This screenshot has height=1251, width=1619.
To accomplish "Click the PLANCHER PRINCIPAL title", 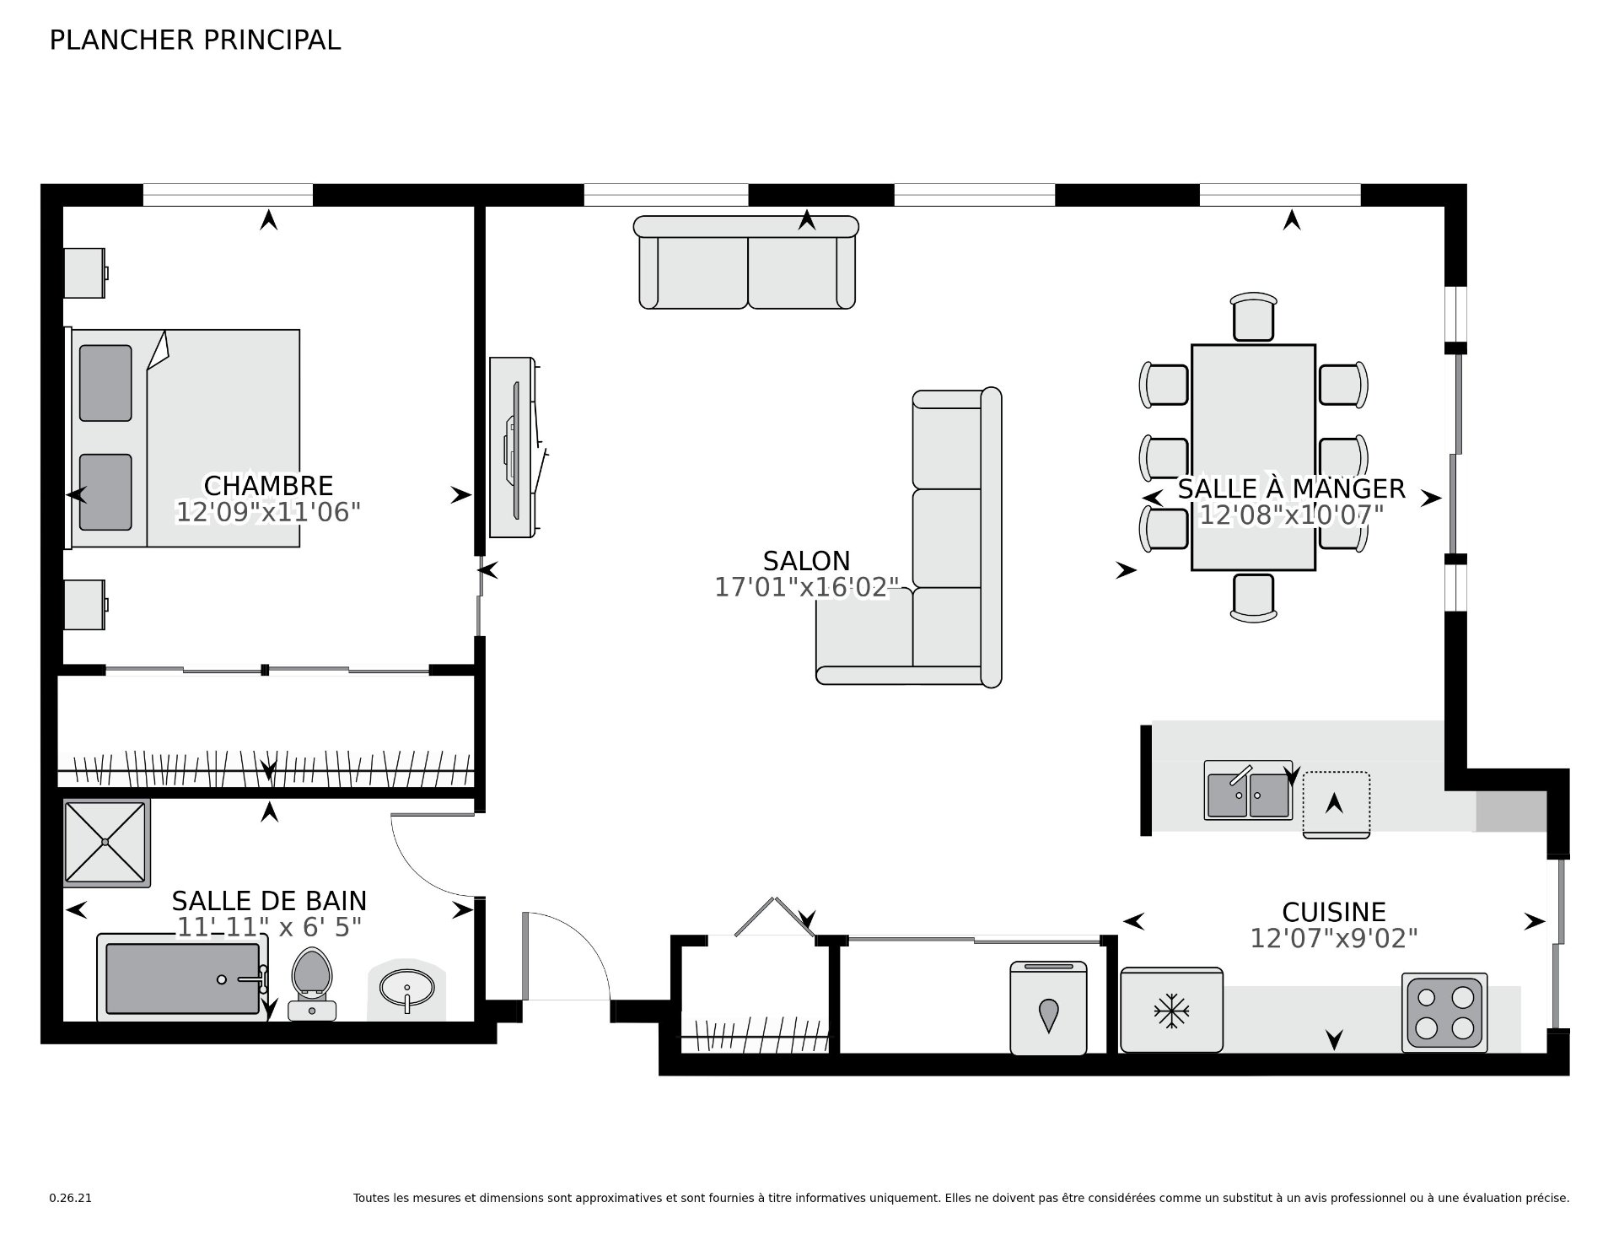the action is (195, 40).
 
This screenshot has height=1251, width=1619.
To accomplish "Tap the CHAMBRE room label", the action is (269, 486).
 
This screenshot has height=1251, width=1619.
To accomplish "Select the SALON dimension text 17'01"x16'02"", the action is (807, 587).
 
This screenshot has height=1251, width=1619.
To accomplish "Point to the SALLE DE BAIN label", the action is (269, 901).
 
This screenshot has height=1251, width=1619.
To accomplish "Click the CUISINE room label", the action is (1334, 912).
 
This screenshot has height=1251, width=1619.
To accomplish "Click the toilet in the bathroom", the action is (312, 984).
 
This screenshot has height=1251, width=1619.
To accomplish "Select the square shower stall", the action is (106, 843).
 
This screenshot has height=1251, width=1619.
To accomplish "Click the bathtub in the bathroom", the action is (183, 979).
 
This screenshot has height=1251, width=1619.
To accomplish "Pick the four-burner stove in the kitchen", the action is (1444, 1012).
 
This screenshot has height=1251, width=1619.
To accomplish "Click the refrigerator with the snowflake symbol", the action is (1171, 1010).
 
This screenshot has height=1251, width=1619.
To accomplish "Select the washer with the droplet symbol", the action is (1049, 1007).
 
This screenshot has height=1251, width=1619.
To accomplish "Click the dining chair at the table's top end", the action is (1253, 317).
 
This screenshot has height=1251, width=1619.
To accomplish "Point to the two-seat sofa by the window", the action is (746, 262).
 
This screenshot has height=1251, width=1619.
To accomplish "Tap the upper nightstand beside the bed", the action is (85, 272).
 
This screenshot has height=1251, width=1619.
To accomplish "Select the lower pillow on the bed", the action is (105, 492).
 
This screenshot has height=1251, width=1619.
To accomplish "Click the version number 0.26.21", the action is (71, 1198).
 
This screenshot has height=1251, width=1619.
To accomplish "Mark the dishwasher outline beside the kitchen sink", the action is (1337, 804).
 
